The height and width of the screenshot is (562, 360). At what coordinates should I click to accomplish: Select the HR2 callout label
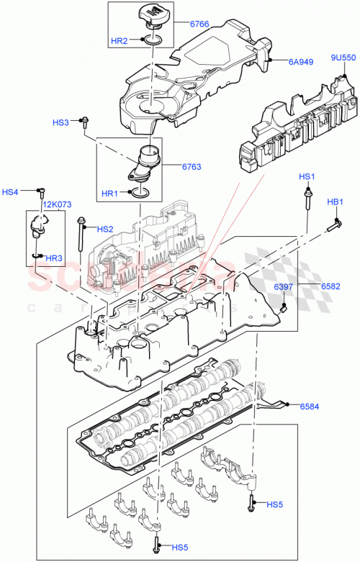point(119,41)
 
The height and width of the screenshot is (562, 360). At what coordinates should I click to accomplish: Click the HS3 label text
point(60,123)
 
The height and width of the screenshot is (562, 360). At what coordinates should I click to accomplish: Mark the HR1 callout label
point(109,194)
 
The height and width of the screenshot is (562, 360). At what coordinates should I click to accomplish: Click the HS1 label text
point(307,177)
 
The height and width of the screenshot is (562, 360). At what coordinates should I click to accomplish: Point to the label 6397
point(284,288)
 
